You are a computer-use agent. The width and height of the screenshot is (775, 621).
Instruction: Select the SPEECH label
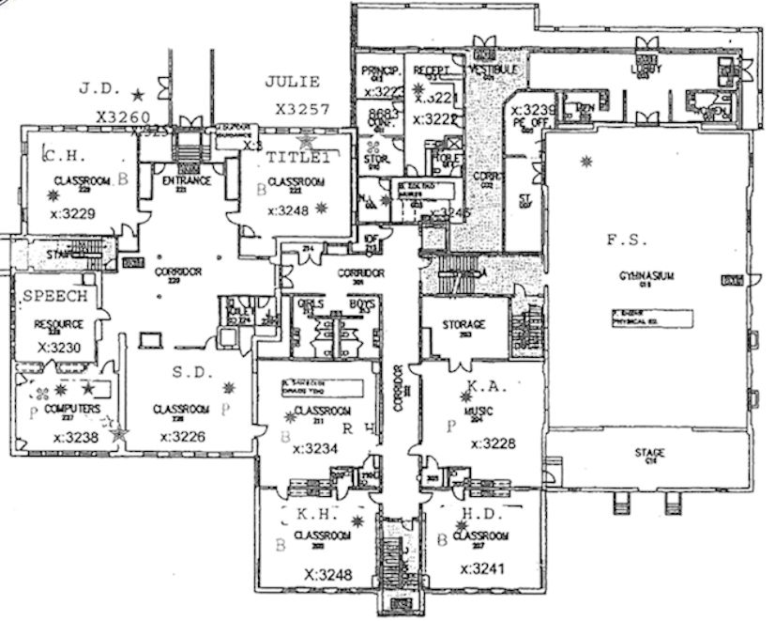[x=54, y=296]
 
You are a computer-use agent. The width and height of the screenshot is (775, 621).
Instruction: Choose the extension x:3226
[x=183, y=436]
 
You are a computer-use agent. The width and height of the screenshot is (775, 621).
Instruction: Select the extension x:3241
[x=482, y=568]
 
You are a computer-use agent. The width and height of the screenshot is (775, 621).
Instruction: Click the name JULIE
[x=293, y=82]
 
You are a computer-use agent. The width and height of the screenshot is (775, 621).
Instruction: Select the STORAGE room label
[x=463, y=324]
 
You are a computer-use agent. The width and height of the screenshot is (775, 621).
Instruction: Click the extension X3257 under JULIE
[x=303, y=109]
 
